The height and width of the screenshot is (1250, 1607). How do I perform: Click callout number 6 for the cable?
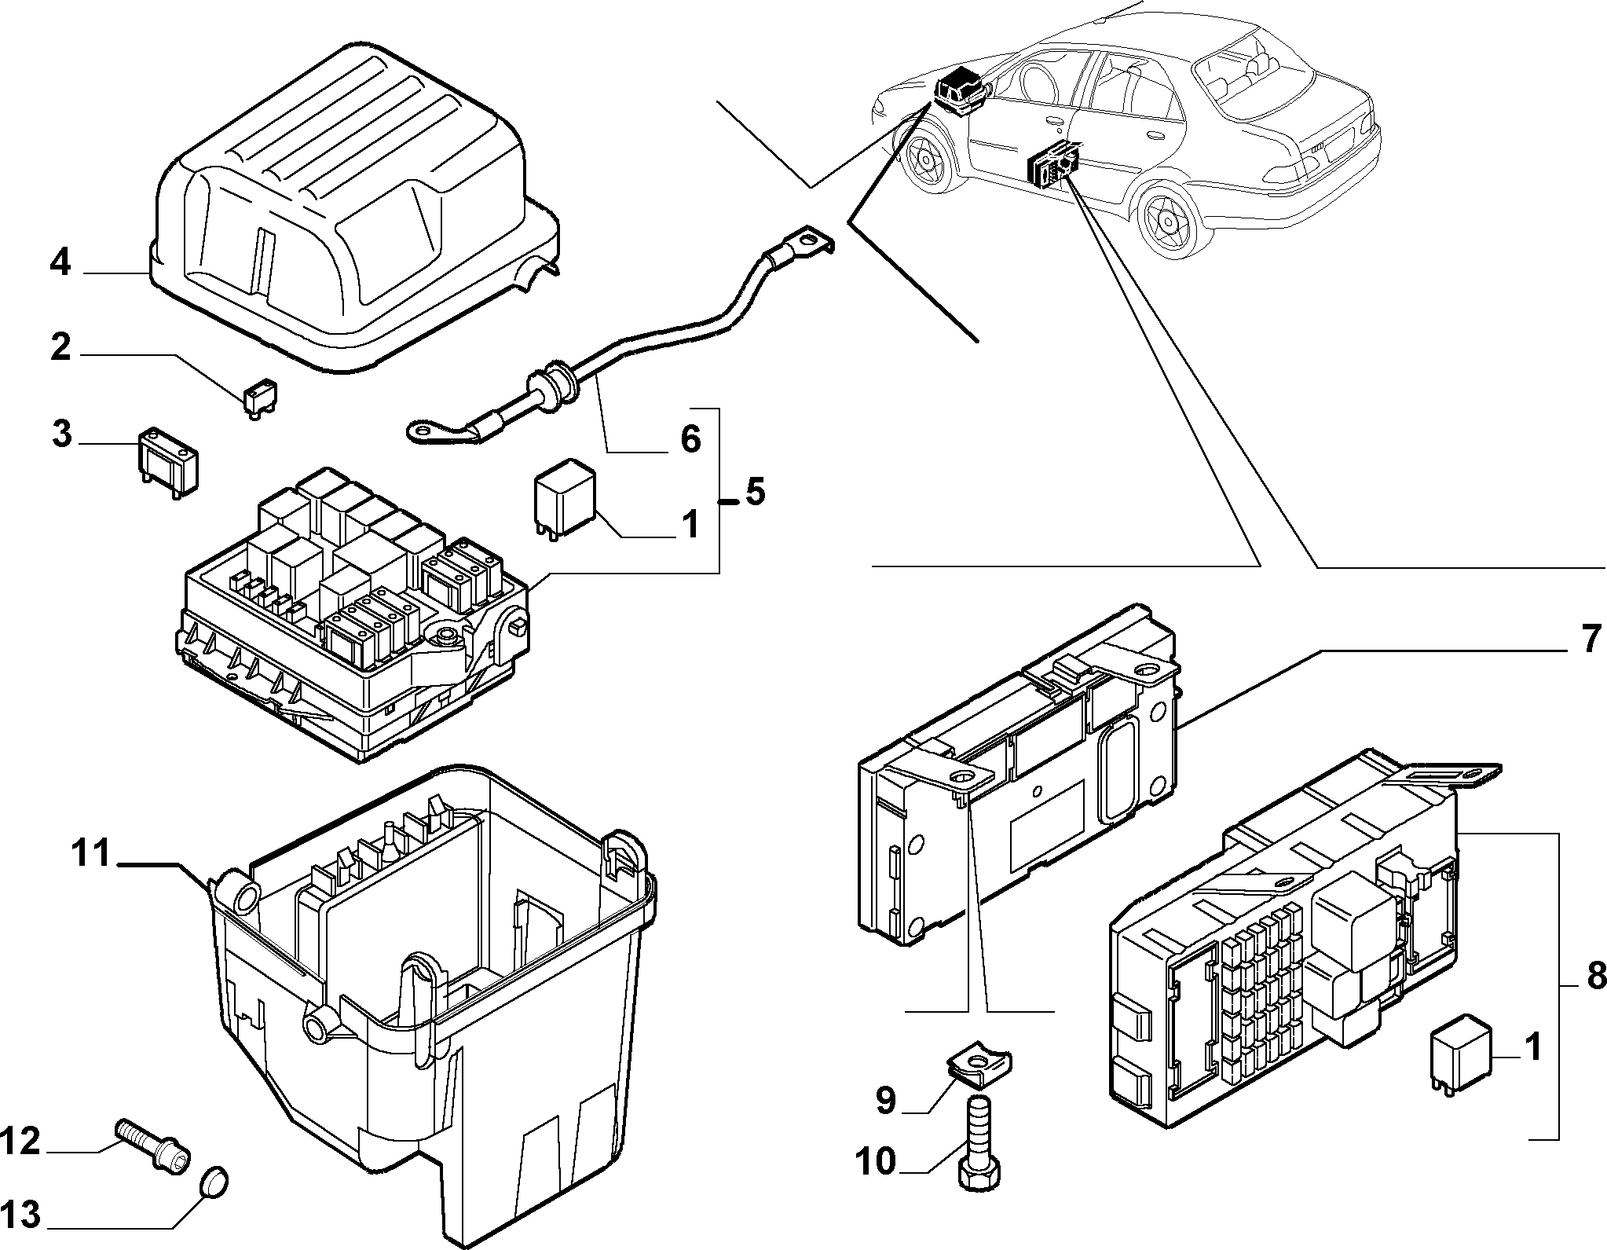coord(690,439)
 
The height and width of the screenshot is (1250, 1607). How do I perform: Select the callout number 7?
coord(1589,639)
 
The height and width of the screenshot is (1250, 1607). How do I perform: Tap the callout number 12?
coord(20,1164)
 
